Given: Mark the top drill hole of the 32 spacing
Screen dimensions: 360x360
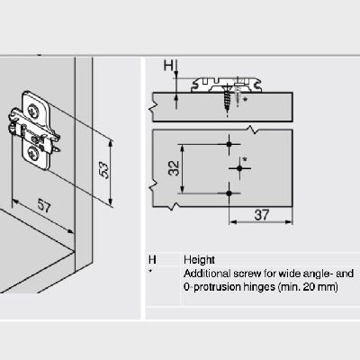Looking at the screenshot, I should click(231, 143).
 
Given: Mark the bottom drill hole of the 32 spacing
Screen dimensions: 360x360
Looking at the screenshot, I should click(231, 192).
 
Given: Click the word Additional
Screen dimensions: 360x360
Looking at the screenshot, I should click(204, 273).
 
